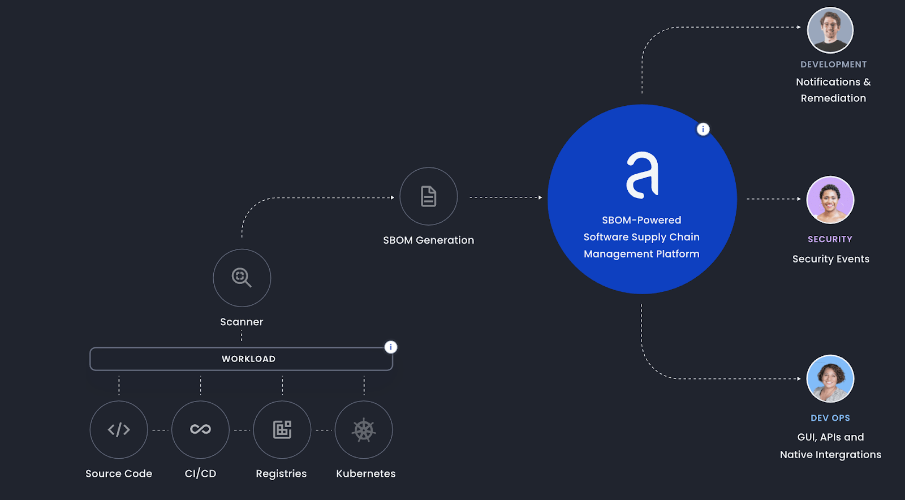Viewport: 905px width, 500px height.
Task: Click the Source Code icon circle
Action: click(x=119, y=430)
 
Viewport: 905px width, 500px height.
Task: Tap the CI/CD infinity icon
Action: click(x=200, y=430)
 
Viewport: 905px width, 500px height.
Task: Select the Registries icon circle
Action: click(x=282, y=430)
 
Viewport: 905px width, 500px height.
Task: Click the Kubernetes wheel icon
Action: click(x=364, y=430)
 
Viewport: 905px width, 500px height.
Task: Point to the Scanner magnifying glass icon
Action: click(x=242, y=278)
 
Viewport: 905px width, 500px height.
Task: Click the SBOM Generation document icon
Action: click(x=429, y=196)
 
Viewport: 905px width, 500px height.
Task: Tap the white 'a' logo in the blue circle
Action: click(x=643, y=175)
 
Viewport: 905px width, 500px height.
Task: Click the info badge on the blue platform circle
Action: click(x=703, y=129)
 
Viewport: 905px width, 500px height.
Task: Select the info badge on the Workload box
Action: click(x=391, y=347)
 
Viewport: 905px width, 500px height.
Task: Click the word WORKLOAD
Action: click(x=248, y=359)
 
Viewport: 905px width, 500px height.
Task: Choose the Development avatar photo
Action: click(x=830, y=30)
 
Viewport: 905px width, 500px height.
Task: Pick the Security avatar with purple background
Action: click(x=830, y=200)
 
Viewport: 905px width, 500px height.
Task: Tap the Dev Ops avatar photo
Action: click(x=830, y=378)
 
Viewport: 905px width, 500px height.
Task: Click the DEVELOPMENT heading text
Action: click(x=833, y=64)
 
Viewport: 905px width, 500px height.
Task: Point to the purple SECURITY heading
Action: click(x=830, y=239)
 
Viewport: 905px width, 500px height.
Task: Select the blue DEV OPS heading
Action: click(x=830, y=418)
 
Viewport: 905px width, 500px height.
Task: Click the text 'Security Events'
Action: click(x=831, y=259)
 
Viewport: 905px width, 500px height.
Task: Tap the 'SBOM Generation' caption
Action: click(x=428, y=240)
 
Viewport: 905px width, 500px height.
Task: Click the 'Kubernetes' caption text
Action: click(x=365, y=474)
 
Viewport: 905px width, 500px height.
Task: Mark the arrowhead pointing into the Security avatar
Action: click(x=799, y=199)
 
